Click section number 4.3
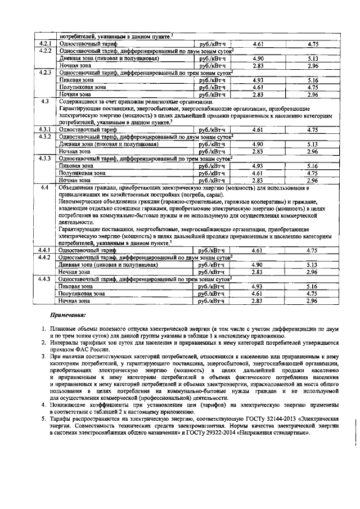pos(45,101)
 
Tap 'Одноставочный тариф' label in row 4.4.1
pos(84,250)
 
